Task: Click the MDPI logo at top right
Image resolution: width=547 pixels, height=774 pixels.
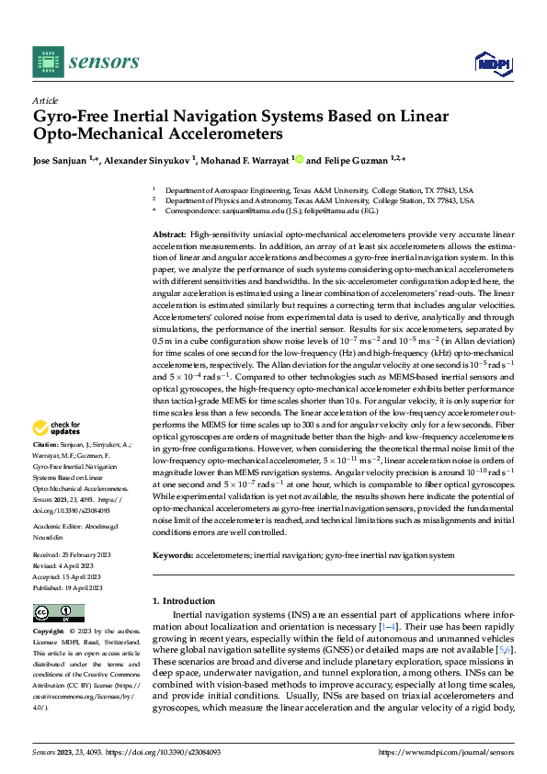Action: (x=488, y=63)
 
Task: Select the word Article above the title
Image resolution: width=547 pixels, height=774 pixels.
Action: (x=44, y=100)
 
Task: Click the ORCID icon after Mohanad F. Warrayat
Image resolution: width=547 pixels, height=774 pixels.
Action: (x=297, y=160)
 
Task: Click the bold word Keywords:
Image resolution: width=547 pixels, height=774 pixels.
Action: (x=172, y=556)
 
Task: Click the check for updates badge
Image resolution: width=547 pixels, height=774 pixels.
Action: (x=57, y=427)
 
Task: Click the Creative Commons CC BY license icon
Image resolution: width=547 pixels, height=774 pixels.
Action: (x=58, y=613)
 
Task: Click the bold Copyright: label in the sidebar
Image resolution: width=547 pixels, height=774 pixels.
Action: (x=50, y=632)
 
